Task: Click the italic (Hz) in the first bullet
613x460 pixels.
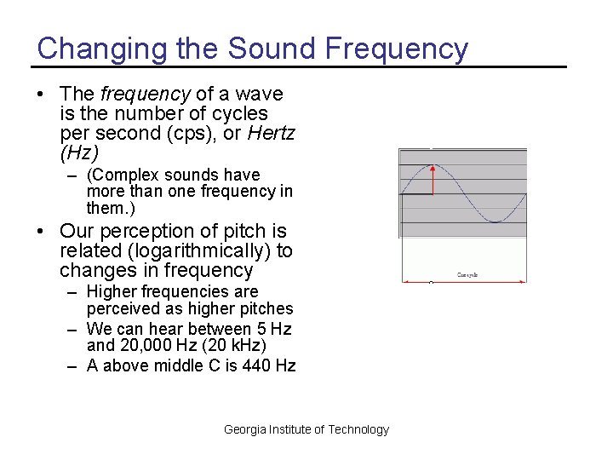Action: (79, 152)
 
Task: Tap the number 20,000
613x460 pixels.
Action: (145, 347)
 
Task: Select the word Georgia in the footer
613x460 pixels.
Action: (245, 429)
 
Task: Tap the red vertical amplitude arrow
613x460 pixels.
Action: (433, 180)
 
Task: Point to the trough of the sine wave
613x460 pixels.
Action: (495, 221)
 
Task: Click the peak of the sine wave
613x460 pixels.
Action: (433, 165)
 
